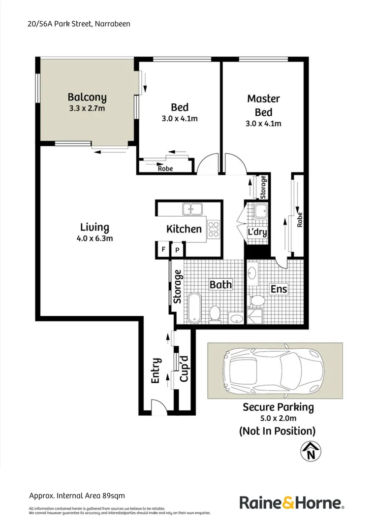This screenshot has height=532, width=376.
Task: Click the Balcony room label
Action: click(87, 97)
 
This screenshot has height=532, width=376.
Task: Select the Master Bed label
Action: click(263, 105)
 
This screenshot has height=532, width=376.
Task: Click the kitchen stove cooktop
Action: click(214, 230)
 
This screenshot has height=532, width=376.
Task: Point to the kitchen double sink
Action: click(193, 209)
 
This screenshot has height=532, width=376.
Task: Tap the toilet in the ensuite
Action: click(256, 300)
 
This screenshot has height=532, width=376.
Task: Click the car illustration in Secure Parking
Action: click(274, 371)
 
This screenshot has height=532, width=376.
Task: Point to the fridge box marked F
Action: click(163, 250)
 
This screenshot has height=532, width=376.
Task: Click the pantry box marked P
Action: click(177, 250)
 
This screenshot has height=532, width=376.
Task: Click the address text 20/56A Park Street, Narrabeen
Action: click(79, 24)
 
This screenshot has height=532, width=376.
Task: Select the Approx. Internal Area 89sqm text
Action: click(80, 496)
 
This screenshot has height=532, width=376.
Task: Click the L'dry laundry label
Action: click(257, 232)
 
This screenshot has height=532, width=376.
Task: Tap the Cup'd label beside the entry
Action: click(184, 368)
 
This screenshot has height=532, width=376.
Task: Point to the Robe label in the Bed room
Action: click(165, 168)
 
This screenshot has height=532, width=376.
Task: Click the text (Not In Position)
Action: click(277, 431)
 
